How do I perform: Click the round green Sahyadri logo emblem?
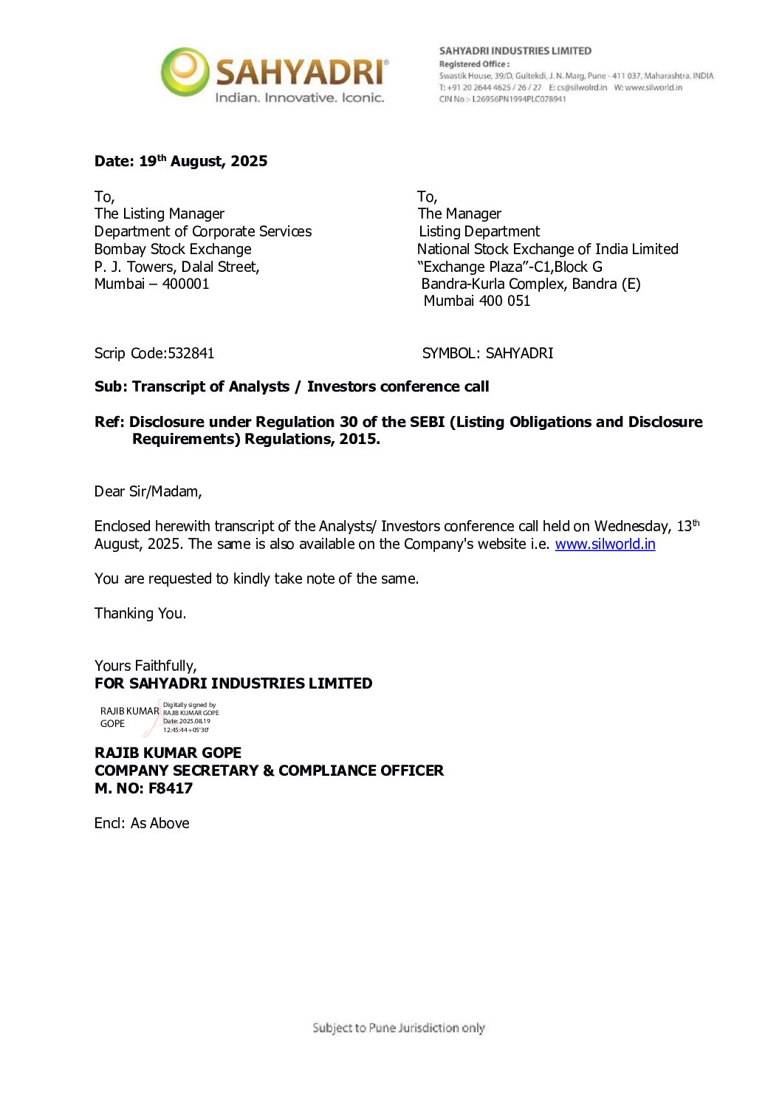pyautogui.click(x=185, y=72)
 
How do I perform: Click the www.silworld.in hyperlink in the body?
pyautogui.click(x=605, y=545)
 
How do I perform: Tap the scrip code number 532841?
pyautogui.click(x=191, y=354)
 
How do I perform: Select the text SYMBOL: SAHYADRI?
pyautogui.click(x=487, y=354)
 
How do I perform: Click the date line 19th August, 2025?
pyautogui.click(x=181, y=162)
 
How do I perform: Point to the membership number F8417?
pyautogui.click(x=171, y=789)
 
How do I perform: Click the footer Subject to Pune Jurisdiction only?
pyautogui.click(x=399, y=1028)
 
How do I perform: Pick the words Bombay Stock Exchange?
pyautogui.click(x=173, y=250)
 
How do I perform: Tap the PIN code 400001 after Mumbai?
pyautogui.click(x=186, y=284)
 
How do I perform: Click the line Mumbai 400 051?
pyautogui.click(x=477, y=301)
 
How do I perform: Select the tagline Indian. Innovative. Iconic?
pyautogui.click(x=299, y=98)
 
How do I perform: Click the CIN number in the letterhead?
pyautogui.click(x=519, y=99)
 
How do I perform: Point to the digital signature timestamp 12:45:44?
pyautogui.click(x=185, y=730)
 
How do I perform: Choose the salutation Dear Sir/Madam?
pyautogui.click(x=148, y=492)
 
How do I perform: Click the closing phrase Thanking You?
pyautogui.click(x=140, y=614)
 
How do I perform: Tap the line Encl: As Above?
pyautogui.click(x=142, y=824)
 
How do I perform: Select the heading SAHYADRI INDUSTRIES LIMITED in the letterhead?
pyautogui.click(x=515, y=51)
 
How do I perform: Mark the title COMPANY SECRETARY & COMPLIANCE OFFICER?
pyautogui.click(x=269, y=771)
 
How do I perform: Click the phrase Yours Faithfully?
pyautogui.click(x=145, y=666)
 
